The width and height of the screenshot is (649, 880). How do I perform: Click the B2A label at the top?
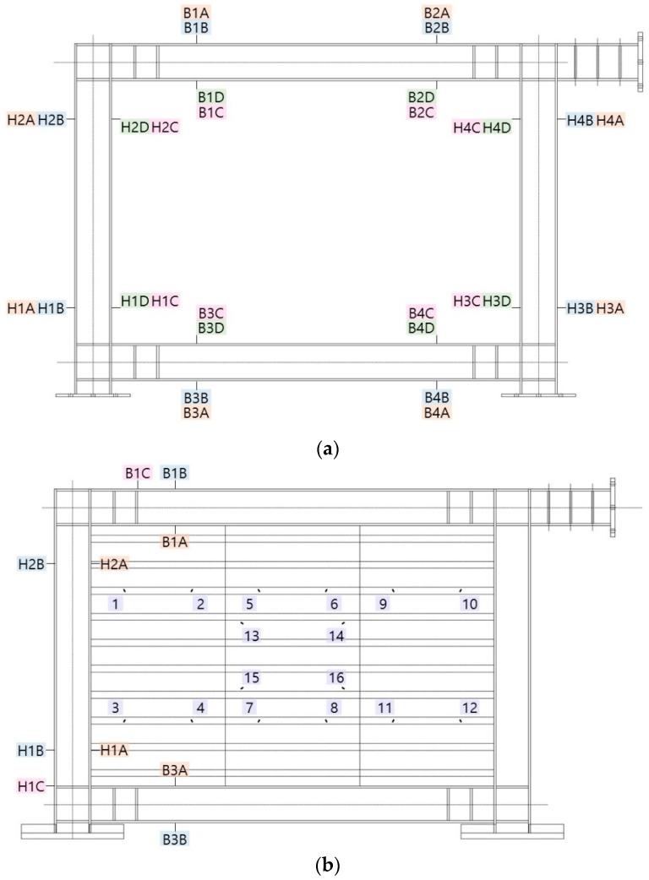coord(437,13)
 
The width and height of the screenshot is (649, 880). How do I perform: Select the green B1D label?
coord(210,97)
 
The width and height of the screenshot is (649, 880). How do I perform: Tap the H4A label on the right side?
coord(610,121)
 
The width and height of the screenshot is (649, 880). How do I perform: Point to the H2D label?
coord(134,127)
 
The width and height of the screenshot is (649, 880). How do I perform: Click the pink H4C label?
coord(466,128)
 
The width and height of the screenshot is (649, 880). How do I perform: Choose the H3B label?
coord(580,308)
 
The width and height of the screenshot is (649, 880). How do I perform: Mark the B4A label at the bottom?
coord(437,412)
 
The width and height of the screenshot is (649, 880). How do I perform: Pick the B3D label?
coord(210,328)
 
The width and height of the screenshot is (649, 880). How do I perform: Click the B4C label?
coord(421,312)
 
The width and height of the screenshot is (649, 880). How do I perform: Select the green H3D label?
coord(497,301)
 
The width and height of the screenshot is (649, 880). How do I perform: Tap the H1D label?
coord(134,301)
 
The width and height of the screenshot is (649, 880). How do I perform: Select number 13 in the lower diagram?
coord(251,636)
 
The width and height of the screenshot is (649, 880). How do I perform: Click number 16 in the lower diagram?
coord(336,677)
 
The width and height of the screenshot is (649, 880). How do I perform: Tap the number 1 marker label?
coord(117,603)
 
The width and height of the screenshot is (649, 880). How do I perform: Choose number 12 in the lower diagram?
coord(470,708)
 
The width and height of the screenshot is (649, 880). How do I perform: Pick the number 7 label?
coord(249,708)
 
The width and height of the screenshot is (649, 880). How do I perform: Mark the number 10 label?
coord(470,603)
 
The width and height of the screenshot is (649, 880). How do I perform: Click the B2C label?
coord(421,112)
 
